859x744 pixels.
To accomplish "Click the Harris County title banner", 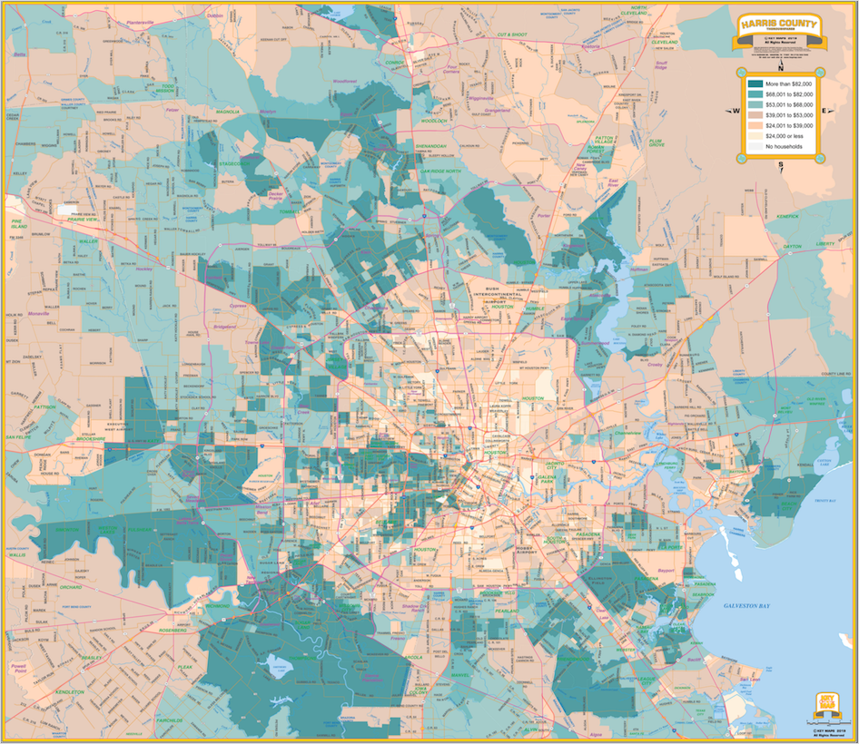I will pyautogui.click(x=779, y=26).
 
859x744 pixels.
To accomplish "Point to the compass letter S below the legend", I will pyautogui.click(x=780, y=164).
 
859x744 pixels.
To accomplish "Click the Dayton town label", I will pyautogui.click(x=792, y=246).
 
